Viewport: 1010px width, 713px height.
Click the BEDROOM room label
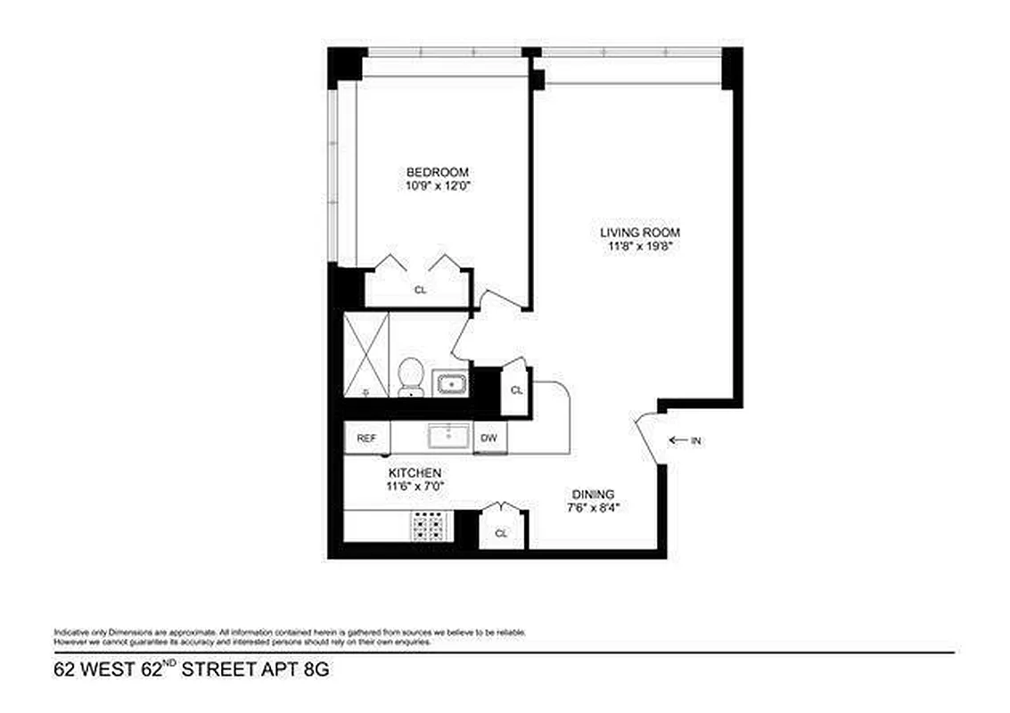438,172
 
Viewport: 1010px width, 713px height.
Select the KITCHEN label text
415,472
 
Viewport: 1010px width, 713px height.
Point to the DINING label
593,495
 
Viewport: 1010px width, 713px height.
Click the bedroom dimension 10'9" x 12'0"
438,187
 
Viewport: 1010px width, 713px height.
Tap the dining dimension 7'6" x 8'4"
593,509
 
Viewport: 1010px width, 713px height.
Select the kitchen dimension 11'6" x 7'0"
415,487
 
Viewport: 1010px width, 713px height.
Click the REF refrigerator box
366,438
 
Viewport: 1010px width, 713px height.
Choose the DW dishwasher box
489,438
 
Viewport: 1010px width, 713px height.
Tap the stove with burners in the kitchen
431,526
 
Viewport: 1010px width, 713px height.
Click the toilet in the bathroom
411,377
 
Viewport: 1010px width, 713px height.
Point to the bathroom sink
452,384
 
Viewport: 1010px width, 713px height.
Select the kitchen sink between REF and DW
444,437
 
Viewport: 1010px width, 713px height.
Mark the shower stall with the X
367,355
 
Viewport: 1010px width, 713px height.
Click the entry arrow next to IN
677,439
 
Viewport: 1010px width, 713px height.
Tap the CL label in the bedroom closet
420,291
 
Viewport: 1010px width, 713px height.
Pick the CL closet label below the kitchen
501,534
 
